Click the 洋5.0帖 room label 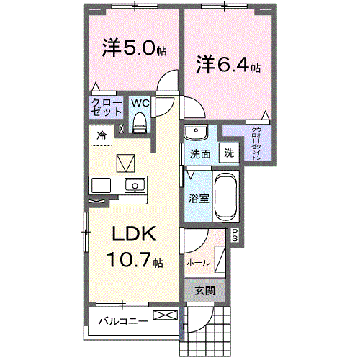[x=135, y=49]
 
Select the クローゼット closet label [x=106, y=108]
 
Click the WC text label [x=140, y=103]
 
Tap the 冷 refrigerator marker [x=102, y=134]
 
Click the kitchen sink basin [x=134, y=186]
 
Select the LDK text [x=133, y=235]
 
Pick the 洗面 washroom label [x=199, y=153]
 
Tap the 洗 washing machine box [x=228, y=153]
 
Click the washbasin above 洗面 [x=195, y=132]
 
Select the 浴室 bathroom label [x=199, y=198]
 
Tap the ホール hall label [x=198, y=264]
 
